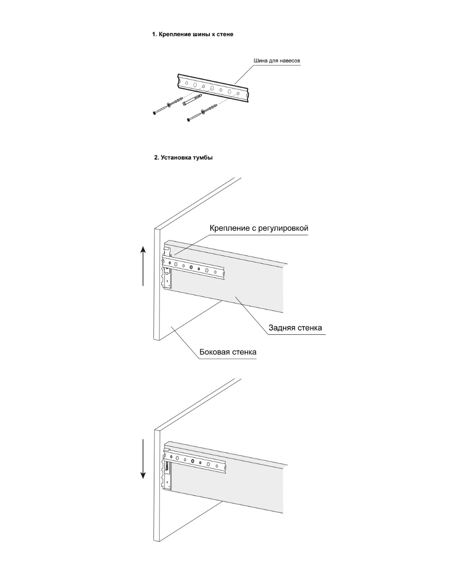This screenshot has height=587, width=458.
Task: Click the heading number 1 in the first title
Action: pyautogui.click(x=154, y=34)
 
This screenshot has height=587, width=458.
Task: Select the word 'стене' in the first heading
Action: pyautogui.click(x=225, y=34)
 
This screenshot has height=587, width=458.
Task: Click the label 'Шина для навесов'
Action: pyautogui.click(x=277, y=61)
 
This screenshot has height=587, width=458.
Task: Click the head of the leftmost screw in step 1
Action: pyautogui.click(x=154, y=112)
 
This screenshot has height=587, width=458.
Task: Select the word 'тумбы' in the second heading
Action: pyautogui.click(x=203, y=158)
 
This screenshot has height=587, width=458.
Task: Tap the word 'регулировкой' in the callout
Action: pyautogui.click(x=285, y=228)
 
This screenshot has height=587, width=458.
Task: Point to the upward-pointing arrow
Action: pyautogui.click(x=143, y=266)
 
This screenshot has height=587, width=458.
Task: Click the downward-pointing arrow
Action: pyautogui.click(x=143, y=459)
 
